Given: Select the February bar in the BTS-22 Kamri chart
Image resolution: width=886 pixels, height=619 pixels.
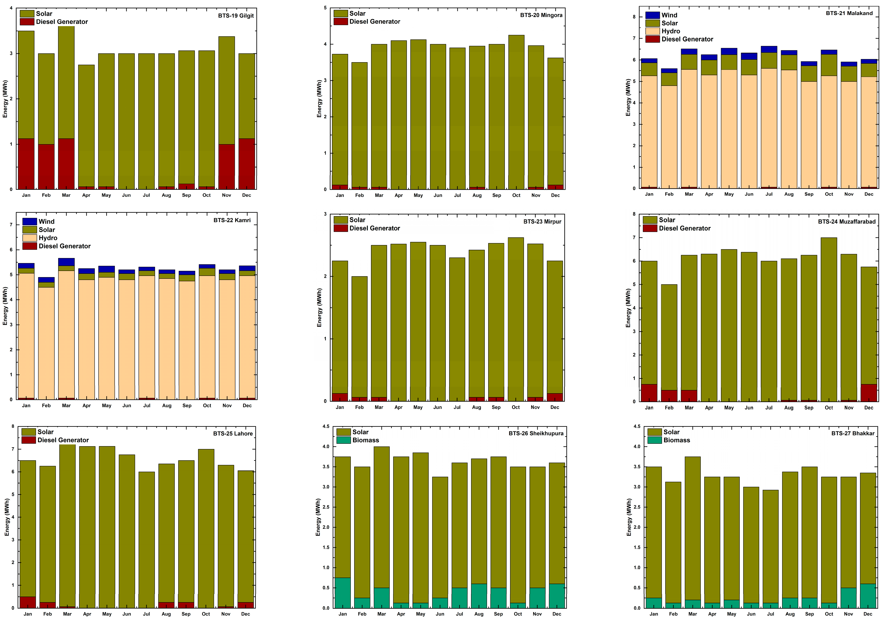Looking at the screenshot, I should [46, 340].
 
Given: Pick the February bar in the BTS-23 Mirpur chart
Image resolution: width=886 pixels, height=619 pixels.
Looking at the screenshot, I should [359, 336].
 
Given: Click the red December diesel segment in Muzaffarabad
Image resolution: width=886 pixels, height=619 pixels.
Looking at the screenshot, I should [869, 393].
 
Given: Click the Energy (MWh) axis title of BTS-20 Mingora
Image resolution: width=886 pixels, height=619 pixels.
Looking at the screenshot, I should [319, 99].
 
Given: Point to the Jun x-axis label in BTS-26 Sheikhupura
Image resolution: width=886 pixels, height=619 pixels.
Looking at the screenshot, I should [440, 614].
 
